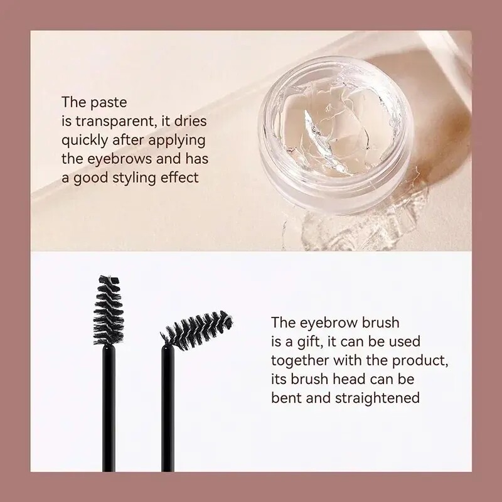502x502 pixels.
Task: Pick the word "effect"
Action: tap(181, 178)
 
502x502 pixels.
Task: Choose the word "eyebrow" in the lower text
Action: tap(321, 323)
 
